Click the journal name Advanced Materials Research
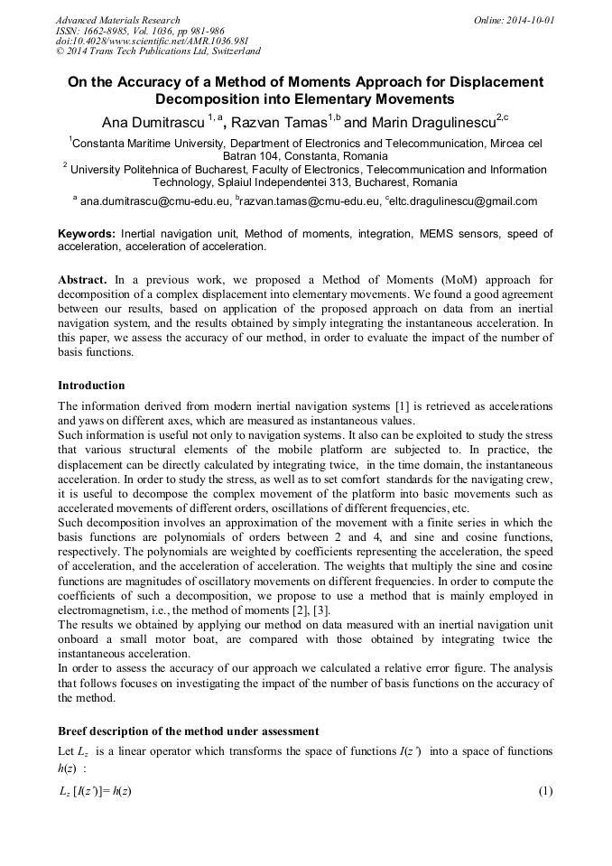click(117, 20)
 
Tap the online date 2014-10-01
click(528, 20)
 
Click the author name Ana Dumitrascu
click(153, 122)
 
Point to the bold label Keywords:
click(87, 234)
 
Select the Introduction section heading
click(91, 386)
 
